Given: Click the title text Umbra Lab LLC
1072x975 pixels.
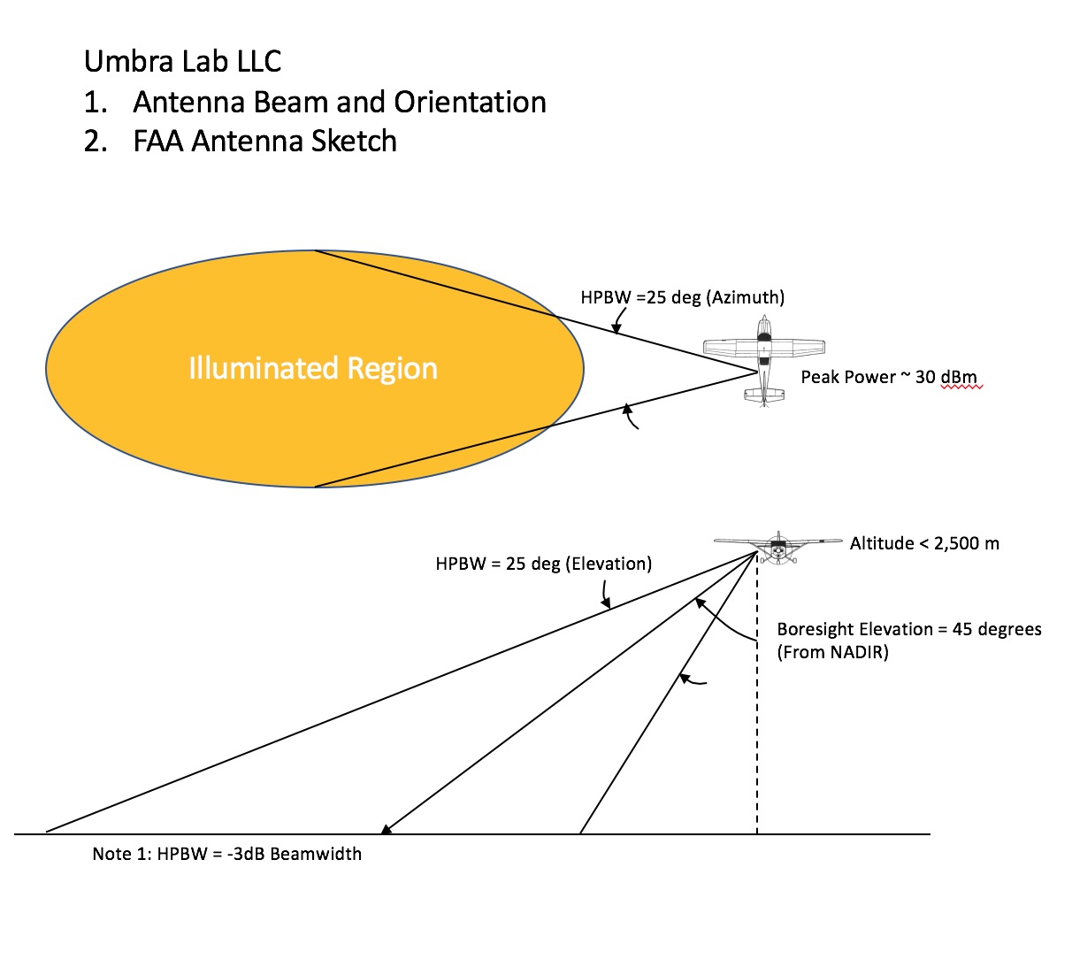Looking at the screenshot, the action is (182, 61).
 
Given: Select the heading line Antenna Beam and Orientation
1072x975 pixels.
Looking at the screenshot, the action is (340, 102).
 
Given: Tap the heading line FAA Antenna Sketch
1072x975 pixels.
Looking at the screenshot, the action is (264, 142).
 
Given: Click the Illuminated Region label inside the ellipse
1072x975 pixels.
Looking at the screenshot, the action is (313, 368).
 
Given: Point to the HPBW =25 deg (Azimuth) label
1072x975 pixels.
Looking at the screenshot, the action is (683, 297).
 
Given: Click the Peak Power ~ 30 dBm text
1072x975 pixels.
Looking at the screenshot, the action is (889, 377).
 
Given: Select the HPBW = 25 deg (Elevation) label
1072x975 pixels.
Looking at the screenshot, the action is (543, 564).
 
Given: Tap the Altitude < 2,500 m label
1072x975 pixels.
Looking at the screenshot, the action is (924, 543).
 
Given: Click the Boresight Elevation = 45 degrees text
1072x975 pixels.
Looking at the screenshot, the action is (909, 629).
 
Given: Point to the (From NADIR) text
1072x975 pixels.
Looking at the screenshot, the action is (832, 652).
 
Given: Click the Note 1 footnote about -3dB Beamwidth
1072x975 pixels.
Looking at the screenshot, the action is (227, 854).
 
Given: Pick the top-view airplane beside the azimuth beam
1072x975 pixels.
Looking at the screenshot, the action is (764, 361).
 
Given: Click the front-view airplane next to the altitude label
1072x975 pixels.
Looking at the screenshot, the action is (778, 548).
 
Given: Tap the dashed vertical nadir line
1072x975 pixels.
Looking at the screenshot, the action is (757, 693).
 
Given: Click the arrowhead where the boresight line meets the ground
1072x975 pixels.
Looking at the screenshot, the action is (386, 829).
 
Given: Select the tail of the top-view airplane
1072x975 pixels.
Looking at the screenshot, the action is (764, 396).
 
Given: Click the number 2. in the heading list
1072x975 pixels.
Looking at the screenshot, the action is (96, 142).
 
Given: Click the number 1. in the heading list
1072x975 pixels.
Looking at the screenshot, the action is (96, 102).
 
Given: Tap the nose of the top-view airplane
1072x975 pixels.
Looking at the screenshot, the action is (764, 318).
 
